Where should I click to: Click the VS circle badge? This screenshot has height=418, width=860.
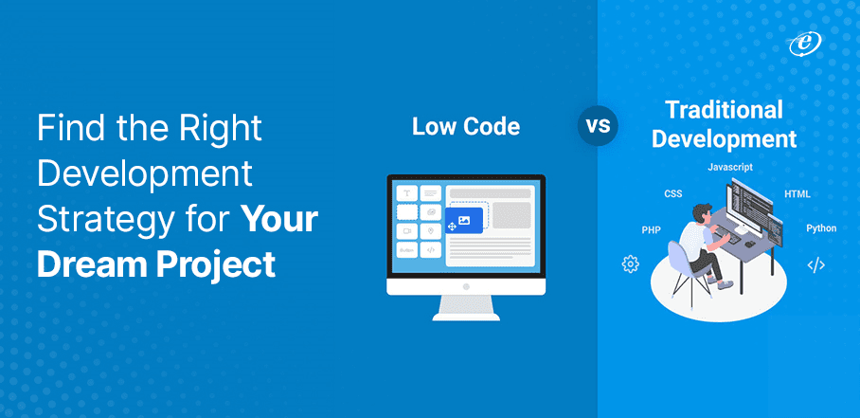(597, 126)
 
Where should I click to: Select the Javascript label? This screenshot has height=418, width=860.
(729, 168)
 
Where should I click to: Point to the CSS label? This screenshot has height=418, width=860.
(672, 193)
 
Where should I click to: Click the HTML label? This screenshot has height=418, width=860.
(797, 194)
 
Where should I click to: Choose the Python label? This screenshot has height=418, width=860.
(820, 228)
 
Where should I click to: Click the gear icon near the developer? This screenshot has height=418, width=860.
(630, 264)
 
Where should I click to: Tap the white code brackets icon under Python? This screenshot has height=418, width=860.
(815, 265)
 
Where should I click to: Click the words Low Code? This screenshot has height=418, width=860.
(465, 126)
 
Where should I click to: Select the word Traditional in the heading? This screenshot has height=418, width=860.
(723, 110)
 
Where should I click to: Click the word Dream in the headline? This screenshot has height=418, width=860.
(83, 264)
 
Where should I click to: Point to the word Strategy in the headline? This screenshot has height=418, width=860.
(99, 220)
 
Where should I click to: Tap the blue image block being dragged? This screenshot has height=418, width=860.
(464, 220)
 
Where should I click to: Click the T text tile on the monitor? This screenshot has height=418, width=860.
(407, 193)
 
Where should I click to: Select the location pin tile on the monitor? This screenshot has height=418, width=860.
(431, 230)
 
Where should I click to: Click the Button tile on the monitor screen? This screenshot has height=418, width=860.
(407, 250)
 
